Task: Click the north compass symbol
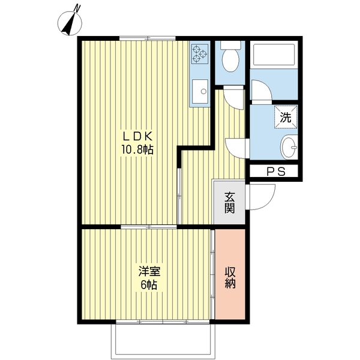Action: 70,23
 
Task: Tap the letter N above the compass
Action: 77,8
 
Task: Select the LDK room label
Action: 138,137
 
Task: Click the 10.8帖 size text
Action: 137,150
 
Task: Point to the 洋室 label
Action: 149,272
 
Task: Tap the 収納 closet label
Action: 230,278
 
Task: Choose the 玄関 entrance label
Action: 230,203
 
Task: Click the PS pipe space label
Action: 276,172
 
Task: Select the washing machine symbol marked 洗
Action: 286,118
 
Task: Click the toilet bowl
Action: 230,60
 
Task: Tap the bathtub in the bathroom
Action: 274,55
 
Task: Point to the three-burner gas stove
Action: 200,54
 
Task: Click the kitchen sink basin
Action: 200,92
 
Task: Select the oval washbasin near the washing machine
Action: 289,148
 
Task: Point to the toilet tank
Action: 230,45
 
